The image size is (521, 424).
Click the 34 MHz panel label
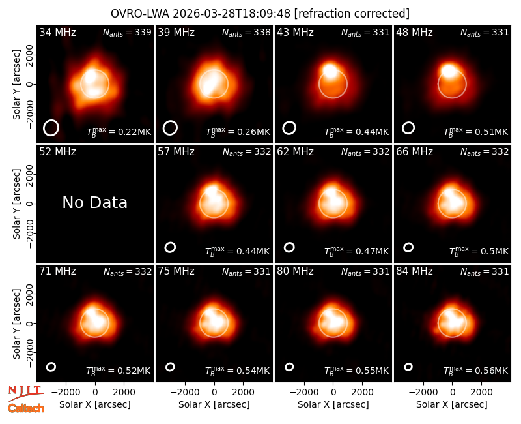(57, 32)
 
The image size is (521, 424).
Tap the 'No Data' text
(94, 202)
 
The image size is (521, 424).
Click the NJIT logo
(25, 393)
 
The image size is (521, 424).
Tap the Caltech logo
(26, 408)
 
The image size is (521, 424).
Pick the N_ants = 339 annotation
(127, 32)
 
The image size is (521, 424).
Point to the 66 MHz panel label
(414, 152)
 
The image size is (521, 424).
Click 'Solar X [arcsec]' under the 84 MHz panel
(452, 404)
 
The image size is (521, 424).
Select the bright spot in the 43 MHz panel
(330, 70)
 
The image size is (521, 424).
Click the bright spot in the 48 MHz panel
(449, 70)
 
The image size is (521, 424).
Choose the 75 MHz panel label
(176, 271)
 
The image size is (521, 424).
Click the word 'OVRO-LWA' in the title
(139, 14)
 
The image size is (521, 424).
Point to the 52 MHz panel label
(57, 152)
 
